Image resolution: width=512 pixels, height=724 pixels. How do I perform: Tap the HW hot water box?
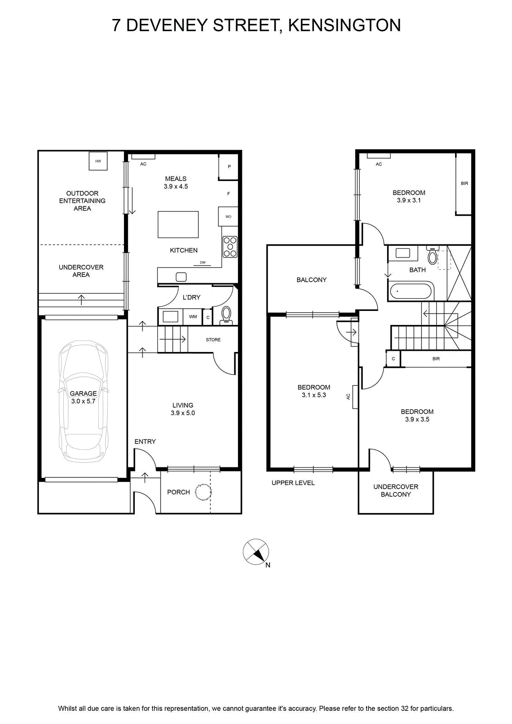pyautogui.click(x=98, y=161)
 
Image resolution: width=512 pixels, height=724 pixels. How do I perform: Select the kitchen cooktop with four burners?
pyautogui.click(x=230, y=247)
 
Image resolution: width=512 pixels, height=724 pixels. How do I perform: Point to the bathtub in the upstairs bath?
pyautogui.click(x=411, y=291)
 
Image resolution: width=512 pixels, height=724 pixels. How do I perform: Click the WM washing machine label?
pyautogui.click(x=193, y=316)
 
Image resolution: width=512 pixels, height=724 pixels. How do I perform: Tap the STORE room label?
pyautogui.click(x=213, y=340)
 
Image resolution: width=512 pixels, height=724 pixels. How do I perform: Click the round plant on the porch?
pyautogui.click(x=204, y=492)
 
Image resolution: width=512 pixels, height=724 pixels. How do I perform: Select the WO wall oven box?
pyautogui.click(x=228, y=217)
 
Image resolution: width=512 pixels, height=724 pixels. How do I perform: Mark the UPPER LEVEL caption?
pyautogui.click(x=293, y=483)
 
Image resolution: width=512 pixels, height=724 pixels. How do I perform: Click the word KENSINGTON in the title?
pyautogui.click(x=344, y=25)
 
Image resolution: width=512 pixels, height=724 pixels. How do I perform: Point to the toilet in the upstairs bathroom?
pyautogui.click(x=432, y=255)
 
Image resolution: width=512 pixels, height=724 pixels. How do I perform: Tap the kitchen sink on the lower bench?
pyautogui.click(x=181, y=277)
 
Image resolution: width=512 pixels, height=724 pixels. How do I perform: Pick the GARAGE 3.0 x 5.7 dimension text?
pyautogui.click(x=83, y=397)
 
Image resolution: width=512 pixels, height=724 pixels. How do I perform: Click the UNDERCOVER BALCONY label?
pyautogui.click(x=396, y=491)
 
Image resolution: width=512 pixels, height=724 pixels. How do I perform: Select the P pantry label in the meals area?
pyautogui.click(x=229, y=167)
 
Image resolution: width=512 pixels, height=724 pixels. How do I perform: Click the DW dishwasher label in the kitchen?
pyautogui.click(x=203, y=262)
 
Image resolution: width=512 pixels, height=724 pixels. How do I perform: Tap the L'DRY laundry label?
pyautogui.click(x=192, y=297)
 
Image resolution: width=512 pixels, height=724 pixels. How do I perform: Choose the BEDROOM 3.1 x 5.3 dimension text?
pyautogui.click(x=313, y=391)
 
